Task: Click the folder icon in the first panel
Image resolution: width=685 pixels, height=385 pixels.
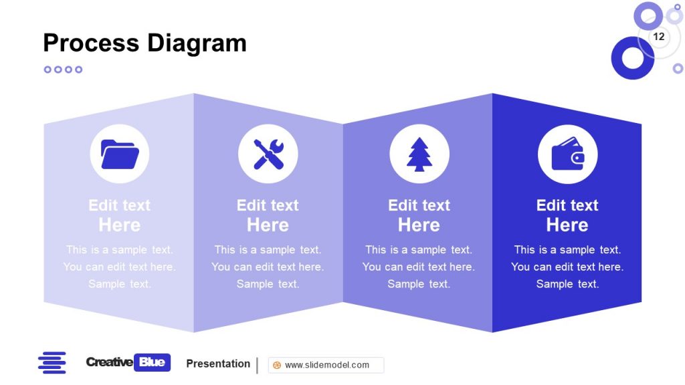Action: tap(120, 154)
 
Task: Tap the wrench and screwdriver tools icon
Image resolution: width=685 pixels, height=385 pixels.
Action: tap(268, 154)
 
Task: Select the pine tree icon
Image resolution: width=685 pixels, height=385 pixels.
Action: tap(419, 154)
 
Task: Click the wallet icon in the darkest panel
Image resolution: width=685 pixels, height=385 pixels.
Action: tap(567, 154)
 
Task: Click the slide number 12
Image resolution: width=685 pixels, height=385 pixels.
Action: tap(659, 37)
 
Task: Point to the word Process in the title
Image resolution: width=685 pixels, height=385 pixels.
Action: tap(92, 43)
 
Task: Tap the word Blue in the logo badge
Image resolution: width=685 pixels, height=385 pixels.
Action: tap(153, 362)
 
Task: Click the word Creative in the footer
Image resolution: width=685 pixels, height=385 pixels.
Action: tap(109, 362)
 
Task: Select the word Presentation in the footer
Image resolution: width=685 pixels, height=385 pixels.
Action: tap(218, 364)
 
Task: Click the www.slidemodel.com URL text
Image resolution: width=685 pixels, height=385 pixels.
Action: tap(326, 365)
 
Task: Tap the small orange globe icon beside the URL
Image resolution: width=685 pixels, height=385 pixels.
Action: tap(277, 365)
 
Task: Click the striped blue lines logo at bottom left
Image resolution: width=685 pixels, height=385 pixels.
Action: tap(52, 362)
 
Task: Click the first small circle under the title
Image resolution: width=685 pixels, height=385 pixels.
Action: tap(47, 70)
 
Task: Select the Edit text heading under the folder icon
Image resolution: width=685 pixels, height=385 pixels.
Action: tap(120, 205)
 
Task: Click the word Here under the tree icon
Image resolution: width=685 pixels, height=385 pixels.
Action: tap(419, 225)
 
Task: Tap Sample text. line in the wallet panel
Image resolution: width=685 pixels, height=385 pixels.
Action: tap(567, 284)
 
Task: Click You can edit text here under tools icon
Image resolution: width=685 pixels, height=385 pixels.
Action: tap(268, 267)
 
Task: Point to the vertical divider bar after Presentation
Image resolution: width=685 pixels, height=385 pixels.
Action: tap(258, 365)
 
